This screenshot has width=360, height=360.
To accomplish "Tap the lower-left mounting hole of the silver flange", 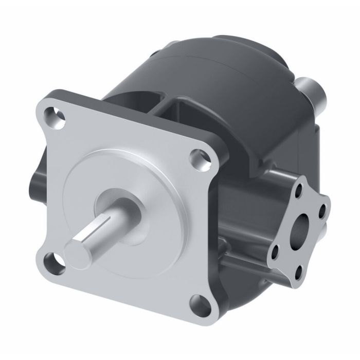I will (x=52, y=264).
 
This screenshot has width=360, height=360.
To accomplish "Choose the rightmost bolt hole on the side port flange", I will (x=322, y=211).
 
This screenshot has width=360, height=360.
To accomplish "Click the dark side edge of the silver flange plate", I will (x=216, y=226).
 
